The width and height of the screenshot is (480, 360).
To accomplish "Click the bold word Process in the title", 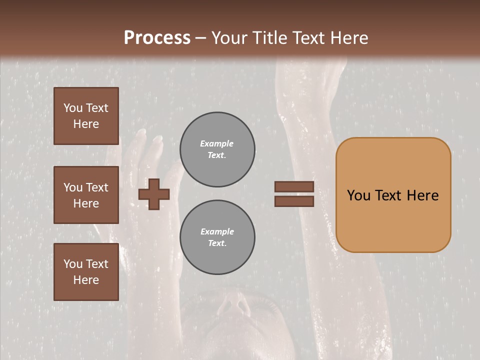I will (x=157, y=38).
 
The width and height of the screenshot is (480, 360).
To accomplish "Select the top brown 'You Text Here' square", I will (x=86, y=116).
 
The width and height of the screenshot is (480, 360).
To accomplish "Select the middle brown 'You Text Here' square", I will (x=86, y=195).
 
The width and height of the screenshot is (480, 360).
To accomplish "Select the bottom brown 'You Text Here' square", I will (x=86, y=272).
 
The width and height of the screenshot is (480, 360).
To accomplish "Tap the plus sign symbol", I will (x=154, y=194).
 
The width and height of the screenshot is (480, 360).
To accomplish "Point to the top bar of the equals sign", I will (x=294, y=186).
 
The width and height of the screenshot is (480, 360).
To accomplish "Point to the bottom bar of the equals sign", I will (x=294, y=201).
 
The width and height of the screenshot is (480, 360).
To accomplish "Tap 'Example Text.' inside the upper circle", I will (x=217, y=149).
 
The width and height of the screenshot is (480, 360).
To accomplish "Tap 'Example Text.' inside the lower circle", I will (x=217, y=237).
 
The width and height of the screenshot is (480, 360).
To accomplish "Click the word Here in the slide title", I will (x=350, y=38).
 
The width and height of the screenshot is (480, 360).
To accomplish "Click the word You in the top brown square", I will (x=72, y=108).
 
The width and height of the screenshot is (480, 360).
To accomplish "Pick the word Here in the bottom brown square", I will (x=86, y=280).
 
